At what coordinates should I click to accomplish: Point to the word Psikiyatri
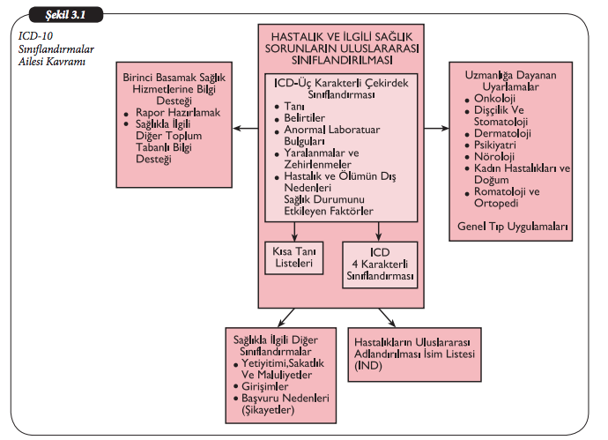[x=493, y=145]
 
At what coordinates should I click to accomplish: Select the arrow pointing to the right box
[x=434, y=129]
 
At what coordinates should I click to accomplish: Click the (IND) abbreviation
[x=367, y=365]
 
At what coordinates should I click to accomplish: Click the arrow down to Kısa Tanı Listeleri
[x=296, y=233]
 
